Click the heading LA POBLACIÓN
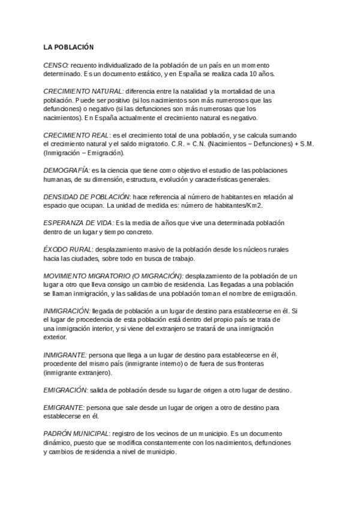68,46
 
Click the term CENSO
56,64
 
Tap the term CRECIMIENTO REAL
77,135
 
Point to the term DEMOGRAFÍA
67,170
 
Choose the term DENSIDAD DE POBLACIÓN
87,196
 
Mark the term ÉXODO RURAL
68,249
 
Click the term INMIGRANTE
65,355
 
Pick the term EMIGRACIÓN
65,390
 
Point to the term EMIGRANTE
64,408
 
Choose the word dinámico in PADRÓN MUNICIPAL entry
58,442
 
